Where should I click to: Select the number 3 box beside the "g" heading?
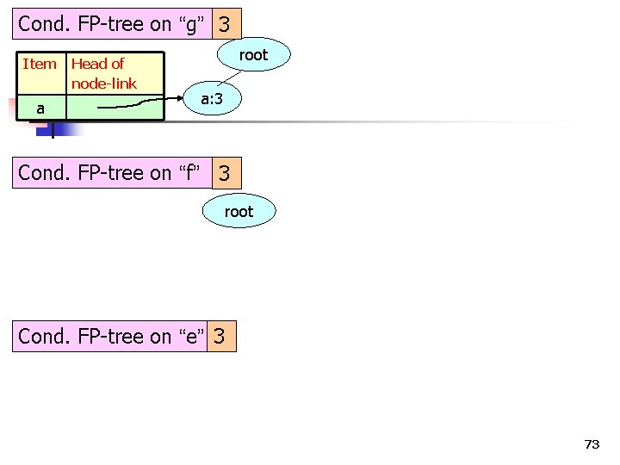coord(224,24)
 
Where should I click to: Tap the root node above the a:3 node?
coord(253,55)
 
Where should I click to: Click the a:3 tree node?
coord(212,100)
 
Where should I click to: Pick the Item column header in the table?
coord(40,64)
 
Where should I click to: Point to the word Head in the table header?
coord(86,64)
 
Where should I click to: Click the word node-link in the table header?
coord(104,84)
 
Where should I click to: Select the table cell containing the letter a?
coord(40,108)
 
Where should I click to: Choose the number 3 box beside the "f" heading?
coord(224,173)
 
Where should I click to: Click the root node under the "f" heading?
coord(239,211)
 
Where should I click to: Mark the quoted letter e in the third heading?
coord(192,337)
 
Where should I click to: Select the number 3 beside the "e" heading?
coord(220,337)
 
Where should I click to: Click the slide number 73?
coord(592,444)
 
